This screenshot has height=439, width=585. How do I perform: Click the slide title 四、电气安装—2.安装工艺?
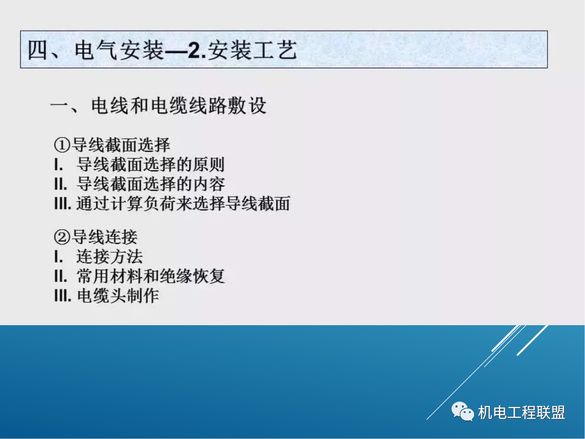(162, 51)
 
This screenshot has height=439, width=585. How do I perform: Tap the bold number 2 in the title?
(196, 51)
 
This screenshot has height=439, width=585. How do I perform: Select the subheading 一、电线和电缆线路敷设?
(158, 106)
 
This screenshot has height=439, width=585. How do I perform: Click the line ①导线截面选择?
(112, 145)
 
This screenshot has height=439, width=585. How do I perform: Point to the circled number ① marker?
(62, 145)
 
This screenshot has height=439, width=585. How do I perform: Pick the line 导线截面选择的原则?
(151, 164)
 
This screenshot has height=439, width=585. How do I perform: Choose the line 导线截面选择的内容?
(151, 184)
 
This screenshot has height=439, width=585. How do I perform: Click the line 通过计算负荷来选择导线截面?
(183, 203)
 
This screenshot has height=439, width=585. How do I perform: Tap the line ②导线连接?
(96, 237)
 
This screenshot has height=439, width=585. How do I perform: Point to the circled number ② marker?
(62, 237)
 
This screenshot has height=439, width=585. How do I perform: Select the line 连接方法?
(109, 256)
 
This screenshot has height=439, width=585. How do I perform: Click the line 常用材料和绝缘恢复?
(151, 276)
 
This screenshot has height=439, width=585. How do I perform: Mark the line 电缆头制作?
(118, 296)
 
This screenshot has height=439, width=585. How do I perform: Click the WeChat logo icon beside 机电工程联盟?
(462, 412)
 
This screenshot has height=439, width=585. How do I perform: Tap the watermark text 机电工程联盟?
(522, 412)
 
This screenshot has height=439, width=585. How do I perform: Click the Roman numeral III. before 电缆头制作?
(63, 296)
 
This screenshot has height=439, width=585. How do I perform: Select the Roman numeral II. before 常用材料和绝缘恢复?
(61, 276)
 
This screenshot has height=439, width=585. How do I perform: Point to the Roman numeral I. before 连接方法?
(58, 256)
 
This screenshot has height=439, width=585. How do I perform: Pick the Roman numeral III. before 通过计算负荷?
(63, 203)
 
